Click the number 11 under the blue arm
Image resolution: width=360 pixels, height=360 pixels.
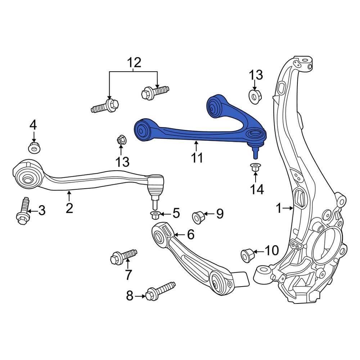coord(197,157)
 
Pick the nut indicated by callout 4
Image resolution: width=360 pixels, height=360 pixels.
coord(33,147)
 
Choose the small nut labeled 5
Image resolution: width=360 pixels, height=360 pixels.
coord(155,216)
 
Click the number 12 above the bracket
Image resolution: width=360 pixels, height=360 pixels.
coord(133,63)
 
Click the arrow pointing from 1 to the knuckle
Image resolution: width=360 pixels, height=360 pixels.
coord(288,208)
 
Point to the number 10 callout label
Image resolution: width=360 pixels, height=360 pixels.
coord(271,250)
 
